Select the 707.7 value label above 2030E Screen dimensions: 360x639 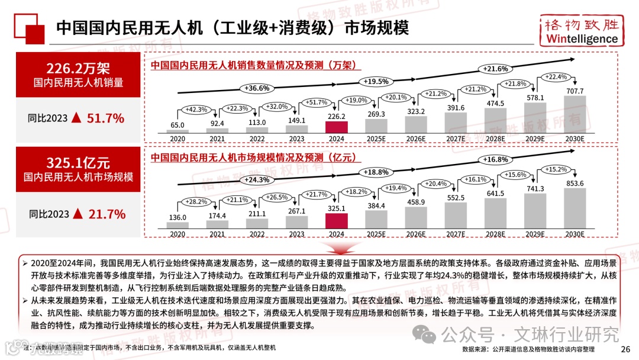click(x=575, y=91)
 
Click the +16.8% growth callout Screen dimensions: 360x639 click(x=496, y=159)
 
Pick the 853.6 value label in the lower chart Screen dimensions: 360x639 click(x=575, y=183)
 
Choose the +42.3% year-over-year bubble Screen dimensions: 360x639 click(x=195, y=109)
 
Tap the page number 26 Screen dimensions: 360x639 click(x=625, y=349)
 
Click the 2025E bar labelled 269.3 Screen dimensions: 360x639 click(x=376, y=126)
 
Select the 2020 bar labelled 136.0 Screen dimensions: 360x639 click(x=177, y=225)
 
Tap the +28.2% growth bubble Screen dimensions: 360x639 click(x=195, y=202)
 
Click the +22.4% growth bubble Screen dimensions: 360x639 click(x=554, y=78)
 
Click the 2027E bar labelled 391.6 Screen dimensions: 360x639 click(x=456, y=123)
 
